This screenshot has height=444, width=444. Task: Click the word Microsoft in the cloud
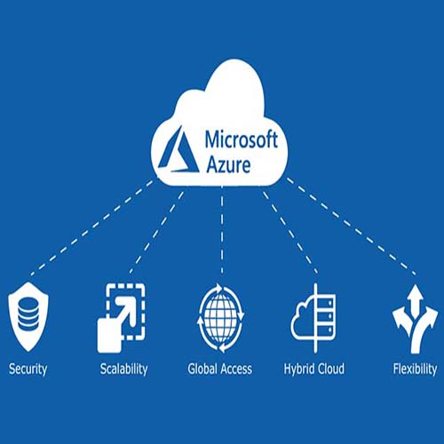coord(242,139)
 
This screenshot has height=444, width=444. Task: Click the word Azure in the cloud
coord(228,164)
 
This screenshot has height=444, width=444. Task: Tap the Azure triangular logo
coord(179,150)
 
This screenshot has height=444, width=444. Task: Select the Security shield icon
coord(28,316)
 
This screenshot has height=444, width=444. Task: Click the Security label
coord(28,369)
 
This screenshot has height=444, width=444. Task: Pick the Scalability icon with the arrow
coord(122,318)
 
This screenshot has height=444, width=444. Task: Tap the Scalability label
coord(123,369)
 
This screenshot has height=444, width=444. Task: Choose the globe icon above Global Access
coord(220,318)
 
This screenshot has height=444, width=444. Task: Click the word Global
coord(202,369)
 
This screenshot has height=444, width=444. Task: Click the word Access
coord(236,369)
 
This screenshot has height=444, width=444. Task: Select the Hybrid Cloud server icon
coord(313,318)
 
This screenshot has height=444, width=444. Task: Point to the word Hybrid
coord(297,369)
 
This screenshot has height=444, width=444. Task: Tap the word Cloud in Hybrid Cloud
coord(329,369)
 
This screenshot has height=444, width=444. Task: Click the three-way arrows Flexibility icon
coord(415,319)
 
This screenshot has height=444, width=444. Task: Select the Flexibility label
coord(415,369)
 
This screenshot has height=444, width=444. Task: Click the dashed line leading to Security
coord(92,228)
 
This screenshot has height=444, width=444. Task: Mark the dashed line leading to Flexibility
coord(351,226)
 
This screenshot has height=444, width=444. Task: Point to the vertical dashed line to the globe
coord(222,230)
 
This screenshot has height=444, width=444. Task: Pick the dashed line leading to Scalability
coord(157,233)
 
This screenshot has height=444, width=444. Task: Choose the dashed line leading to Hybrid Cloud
coord(290,233)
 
